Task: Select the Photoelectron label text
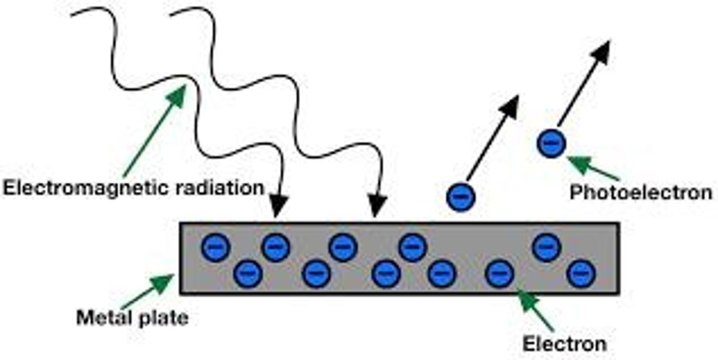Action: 641,192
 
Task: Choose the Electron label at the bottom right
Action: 564,344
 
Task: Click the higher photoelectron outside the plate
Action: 551,144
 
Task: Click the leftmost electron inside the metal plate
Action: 216,247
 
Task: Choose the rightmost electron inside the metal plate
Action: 581,273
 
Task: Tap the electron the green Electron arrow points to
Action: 500,274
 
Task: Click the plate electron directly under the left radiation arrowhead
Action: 276,247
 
